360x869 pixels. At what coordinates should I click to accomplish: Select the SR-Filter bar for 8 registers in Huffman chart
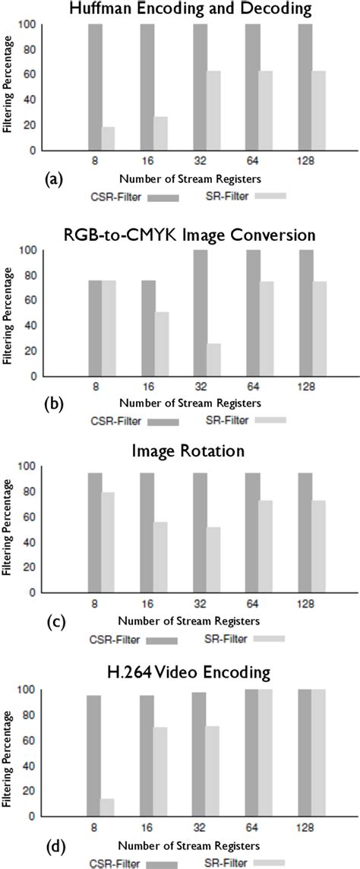pyautogui.click(x=108, y=138)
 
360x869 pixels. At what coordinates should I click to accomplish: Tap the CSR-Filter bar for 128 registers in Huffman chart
pyautogui.click(x=304, y=87)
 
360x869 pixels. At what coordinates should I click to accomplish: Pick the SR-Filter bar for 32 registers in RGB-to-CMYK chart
pyautogui.click(x=213, y=359)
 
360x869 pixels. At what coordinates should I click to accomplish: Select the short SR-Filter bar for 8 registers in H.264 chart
pyautogui.click(x=108, y=804)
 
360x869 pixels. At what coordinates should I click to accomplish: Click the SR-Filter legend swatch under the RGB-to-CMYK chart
pyautogui.click(x=270, y=419)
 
